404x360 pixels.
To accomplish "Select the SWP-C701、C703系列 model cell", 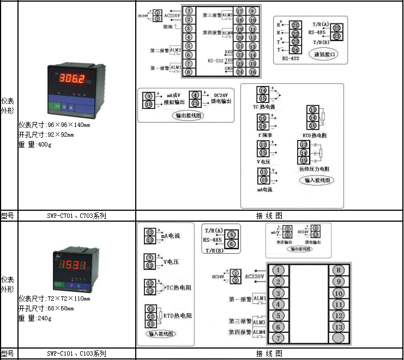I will pos(76,216).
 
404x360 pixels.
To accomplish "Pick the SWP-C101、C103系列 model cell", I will pos(76,353).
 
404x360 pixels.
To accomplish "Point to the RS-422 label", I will pos(291,57).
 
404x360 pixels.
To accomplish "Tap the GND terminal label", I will pos(229,70).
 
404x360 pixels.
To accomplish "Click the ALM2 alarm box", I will pos(176,50).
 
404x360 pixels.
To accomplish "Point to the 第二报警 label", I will pos(160,51).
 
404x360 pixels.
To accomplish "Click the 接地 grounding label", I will pos(168,26).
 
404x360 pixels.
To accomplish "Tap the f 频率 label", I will pos(262,133).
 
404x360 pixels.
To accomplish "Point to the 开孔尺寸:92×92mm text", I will pos(46,135).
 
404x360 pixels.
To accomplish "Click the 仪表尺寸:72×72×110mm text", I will pos(54,298).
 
